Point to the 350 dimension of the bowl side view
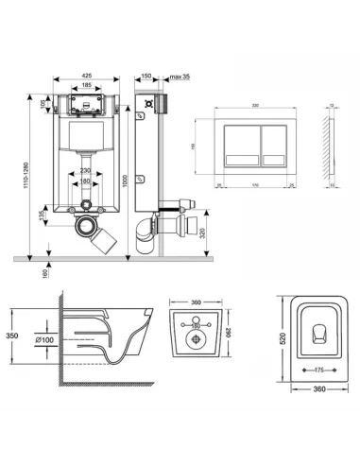coord(11,335)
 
